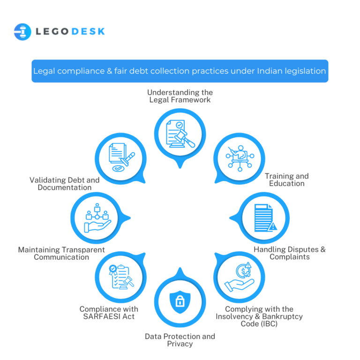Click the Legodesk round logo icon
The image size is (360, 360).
point(22,32)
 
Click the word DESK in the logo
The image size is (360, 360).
point(89,31)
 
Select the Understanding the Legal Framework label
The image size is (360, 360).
point(180,96)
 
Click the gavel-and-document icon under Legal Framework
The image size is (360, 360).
point(180,134)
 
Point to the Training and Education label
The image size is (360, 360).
point(287,180)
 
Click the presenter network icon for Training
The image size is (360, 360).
point(240,158)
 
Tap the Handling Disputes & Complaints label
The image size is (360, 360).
point(290,253)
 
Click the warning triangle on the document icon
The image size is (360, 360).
point(273,226)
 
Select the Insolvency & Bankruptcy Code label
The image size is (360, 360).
point(259,316)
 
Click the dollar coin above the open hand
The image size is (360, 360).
point(243,271)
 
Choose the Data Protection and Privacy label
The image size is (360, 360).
point(180,340)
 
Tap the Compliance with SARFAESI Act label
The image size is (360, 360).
point(109,313)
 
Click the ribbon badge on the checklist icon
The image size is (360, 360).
point(113,270)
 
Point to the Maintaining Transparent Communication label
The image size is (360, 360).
point(61,253)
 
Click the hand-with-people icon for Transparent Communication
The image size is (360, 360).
point(97,218)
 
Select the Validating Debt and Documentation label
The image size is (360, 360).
point(65,184)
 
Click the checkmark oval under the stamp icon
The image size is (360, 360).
point(118,169)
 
